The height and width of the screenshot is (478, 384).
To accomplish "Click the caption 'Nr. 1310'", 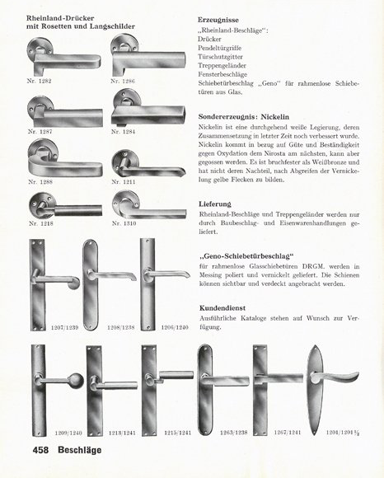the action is point(124,222).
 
